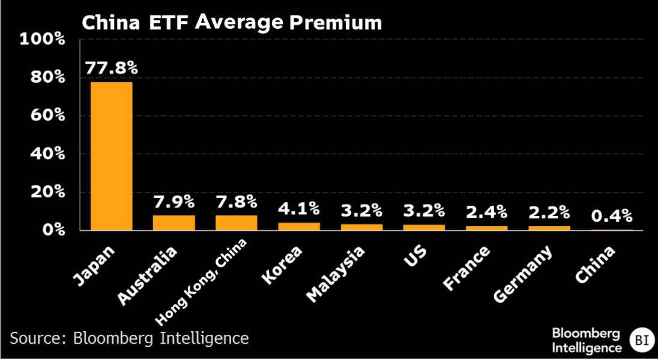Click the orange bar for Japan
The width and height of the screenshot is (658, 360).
(x=112, y=156)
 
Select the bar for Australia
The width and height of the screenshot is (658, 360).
(x=174, y=223)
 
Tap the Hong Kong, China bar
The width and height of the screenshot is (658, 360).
(x=237, y=223)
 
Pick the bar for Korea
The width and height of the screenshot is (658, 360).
(x=299, y=226)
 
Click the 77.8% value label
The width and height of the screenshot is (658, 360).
(x=112, y=68)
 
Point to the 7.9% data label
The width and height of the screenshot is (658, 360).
(x=174, y=201)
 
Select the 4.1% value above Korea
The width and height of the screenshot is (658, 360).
(x=299, y=208)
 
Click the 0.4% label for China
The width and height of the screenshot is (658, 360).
(x=612, y=215)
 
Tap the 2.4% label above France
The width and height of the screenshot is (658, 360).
(x=487, y=211)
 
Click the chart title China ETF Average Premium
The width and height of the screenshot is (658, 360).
(x=232, y=22)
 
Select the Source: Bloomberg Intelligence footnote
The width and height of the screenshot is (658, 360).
(x=129, y=338)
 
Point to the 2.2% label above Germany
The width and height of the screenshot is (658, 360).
(x=549, y=211)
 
